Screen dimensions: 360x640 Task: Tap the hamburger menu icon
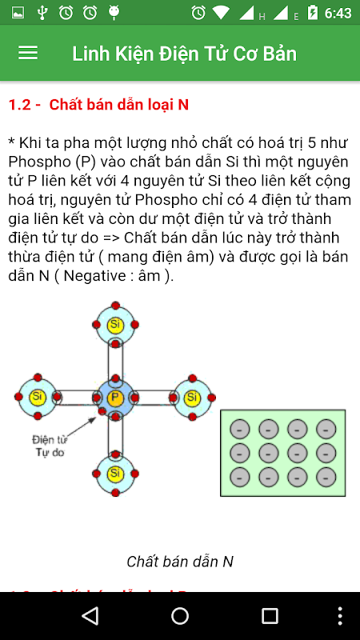coord(28,53)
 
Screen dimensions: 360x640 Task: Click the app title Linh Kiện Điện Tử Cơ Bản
coord(185,54)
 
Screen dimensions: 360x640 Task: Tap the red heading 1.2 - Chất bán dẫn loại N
coord(98,105)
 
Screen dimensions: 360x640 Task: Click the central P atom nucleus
coord(115,397)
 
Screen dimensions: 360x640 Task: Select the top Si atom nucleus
coord(115,325)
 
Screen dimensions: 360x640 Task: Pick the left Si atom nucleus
coord(38,397)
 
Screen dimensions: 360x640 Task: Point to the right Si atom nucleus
coord(193,397)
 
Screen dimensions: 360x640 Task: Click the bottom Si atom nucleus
coord(115,474)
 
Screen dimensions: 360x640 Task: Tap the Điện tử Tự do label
coord(50,446)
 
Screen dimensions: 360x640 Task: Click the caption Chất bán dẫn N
coord(180,562)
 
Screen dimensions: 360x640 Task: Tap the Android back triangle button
coord(90,615)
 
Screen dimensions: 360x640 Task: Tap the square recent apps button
coord(270,616)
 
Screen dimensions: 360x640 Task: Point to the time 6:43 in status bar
coord(338,13)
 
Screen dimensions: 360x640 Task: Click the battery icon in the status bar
coord(313,12)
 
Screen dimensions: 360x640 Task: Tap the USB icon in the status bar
coord(42,13)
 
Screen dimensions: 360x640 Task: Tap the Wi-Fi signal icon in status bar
coord(221,13)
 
